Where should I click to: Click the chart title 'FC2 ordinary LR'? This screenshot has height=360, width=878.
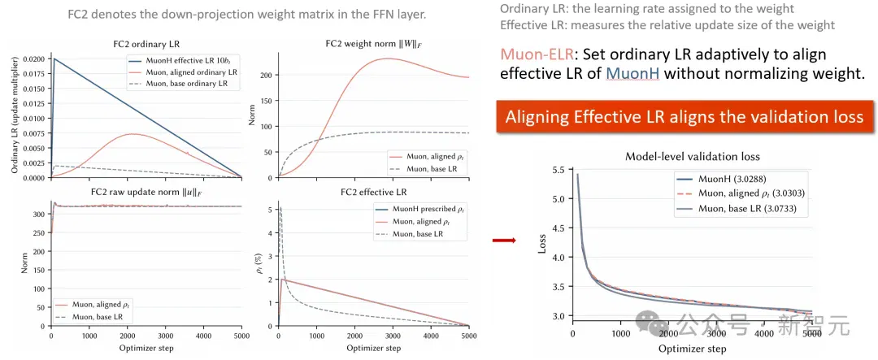146,44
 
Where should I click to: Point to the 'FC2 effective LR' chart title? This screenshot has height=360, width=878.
374,192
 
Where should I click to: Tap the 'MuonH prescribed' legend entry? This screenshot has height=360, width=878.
419,210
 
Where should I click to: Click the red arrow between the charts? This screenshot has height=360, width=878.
503,241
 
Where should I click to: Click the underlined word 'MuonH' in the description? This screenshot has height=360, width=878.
633,73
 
